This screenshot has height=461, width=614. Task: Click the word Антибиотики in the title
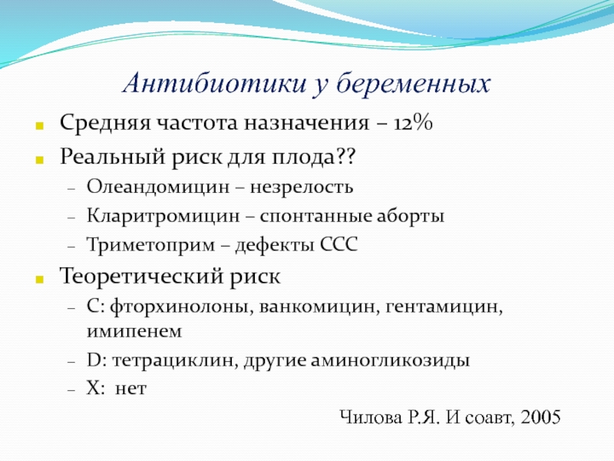[215, 83]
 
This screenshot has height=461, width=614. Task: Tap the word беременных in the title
[414, 84]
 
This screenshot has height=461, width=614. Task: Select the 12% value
[413, 123]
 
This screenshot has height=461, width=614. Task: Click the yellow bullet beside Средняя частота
[39, 126]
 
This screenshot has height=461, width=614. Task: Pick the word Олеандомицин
[158, 187]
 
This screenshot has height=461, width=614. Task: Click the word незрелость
[302, 187]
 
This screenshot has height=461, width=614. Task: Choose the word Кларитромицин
[163, 216]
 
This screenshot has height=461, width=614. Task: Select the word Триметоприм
[150, 245]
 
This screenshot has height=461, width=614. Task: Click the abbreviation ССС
[338, 244]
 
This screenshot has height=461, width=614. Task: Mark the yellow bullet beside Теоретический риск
[39, 279]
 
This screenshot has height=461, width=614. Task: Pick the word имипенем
[134, 331]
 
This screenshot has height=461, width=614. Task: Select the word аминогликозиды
[390, 360]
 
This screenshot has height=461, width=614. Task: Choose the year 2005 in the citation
[540, 416]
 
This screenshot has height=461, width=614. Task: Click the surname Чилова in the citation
[371, 417]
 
